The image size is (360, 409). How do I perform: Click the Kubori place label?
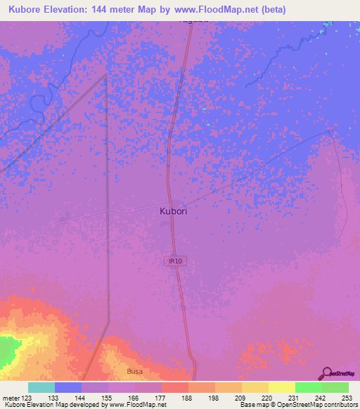click(174, 209)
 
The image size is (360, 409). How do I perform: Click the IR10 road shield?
click(175, 261)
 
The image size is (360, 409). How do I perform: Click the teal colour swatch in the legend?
click(41, 388)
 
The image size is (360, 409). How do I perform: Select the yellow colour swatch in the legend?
click(281, 388)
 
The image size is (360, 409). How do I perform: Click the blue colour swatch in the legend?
click(68, 388)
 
